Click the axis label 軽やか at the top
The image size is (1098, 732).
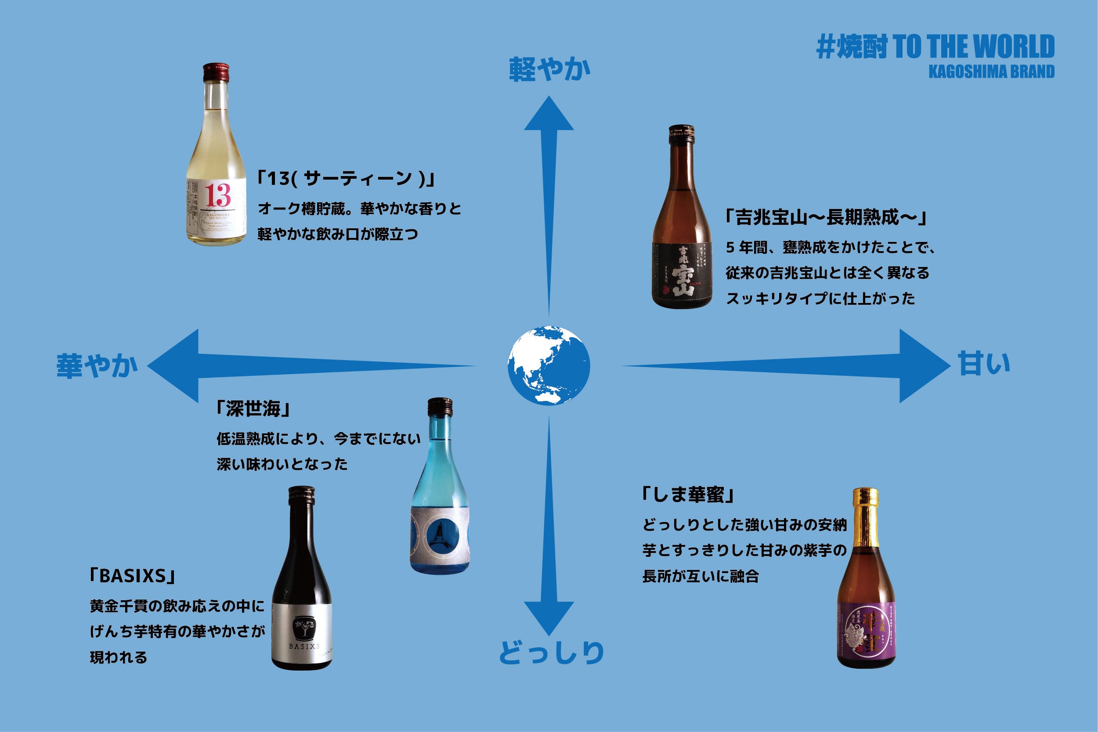pyautogui.click(x=549, y=69)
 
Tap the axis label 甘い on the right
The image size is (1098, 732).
pyautogui.click(x=984, y=364)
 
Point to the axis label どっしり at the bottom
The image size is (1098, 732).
pyautogui.click(x=551, y=652)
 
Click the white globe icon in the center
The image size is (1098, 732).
pyautogui.click(x=549, y=365)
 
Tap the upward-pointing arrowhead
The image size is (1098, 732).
pyautogui.click(x=549, y=114)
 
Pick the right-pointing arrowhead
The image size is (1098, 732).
pyautogui.click(x=922, y=365)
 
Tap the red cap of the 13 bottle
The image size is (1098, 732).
pyautogui.click(x=216, y=72)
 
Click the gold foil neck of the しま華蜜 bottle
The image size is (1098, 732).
pyautogui.click(x=865, y=518)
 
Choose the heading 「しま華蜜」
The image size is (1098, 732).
pyautogui.click(x=688, y=495)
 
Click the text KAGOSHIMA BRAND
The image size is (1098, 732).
pyautogui.click(x=991, y=72)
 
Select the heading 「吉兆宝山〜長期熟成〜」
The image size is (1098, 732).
pyautogui.click(x=825, y=217)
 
